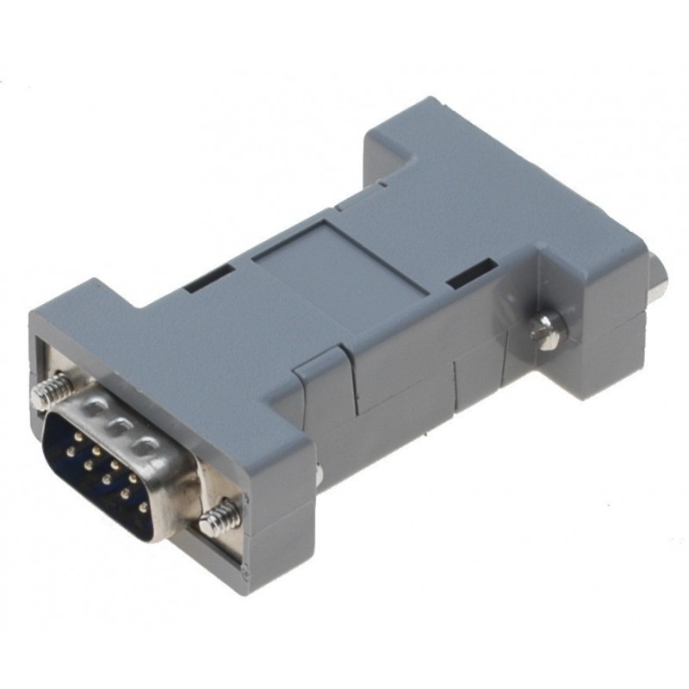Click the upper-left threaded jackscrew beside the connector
(x=52, y=393)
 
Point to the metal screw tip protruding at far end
(x=664, y=276)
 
